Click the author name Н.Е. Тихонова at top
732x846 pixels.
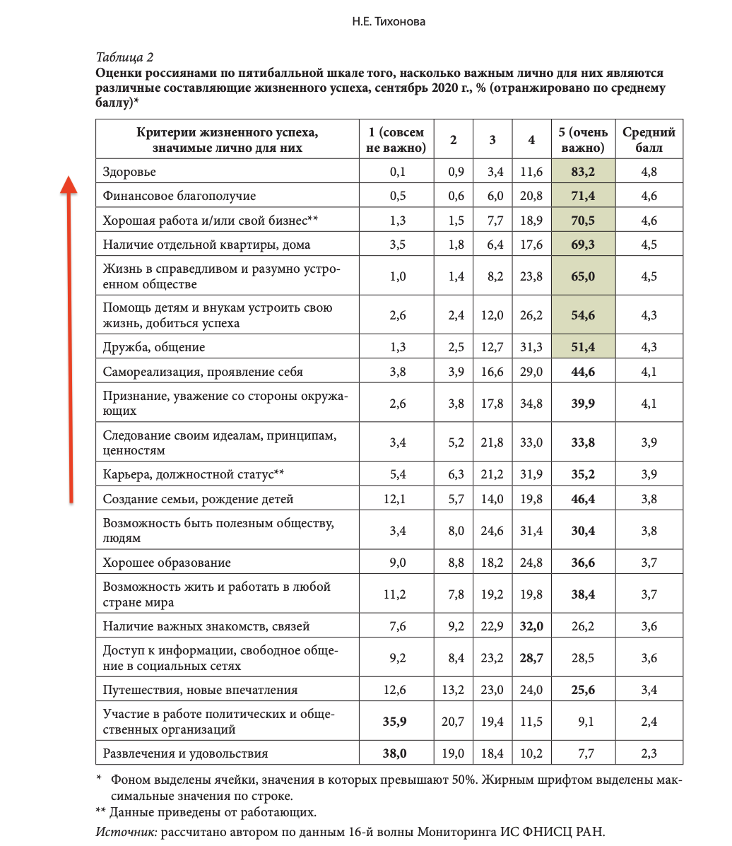[x=388, y=22]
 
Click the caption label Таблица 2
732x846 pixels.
[x=124, y=57]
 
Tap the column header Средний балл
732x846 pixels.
[x=649, y=140]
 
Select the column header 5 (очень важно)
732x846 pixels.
[x=584, y=140]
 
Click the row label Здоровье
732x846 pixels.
[x=129, y=172]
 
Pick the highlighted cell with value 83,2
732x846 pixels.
[x=583, y=172]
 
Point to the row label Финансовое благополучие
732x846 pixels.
[x=179, y=196]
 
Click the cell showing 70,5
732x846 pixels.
[x=583, y=221]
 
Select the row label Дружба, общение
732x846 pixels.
[x=153, y=347]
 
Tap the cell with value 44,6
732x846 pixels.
[x=583, y=372]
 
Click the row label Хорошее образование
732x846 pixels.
[x=166, y=563]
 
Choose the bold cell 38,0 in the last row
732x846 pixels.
[x=394, y=753]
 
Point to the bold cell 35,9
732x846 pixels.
[x=394, y=722]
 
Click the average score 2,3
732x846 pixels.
[x=649, y=753]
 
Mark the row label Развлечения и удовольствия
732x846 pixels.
[x=185, y=753]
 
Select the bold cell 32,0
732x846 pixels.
[x=531, y=626]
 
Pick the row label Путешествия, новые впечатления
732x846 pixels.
[x=200, y=690]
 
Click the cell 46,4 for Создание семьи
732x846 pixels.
[x=583, y=499]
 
